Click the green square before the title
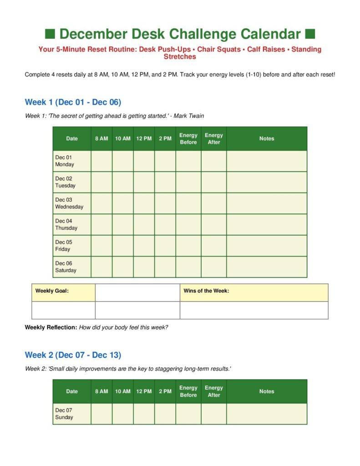point(50,34)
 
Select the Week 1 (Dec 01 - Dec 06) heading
point(73,102)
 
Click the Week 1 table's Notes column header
point(267,139)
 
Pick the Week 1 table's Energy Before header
point(188,139)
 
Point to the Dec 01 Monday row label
point(64,161)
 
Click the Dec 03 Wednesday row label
point(69,203)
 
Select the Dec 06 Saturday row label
point(66,267)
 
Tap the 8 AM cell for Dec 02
point(101,182)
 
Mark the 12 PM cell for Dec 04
point(144,224)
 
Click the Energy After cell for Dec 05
point(214,246)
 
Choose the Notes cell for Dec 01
point(267,161)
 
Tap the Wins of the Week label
point(206,291)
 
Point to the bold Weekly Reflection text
point(51,327)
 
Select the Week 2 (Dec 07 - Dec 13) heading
point(73,355)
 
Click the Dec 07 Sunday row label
point(64,414)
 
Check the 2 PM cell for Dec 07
point(165,414)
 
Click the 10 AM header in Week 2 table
point(122,391)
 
